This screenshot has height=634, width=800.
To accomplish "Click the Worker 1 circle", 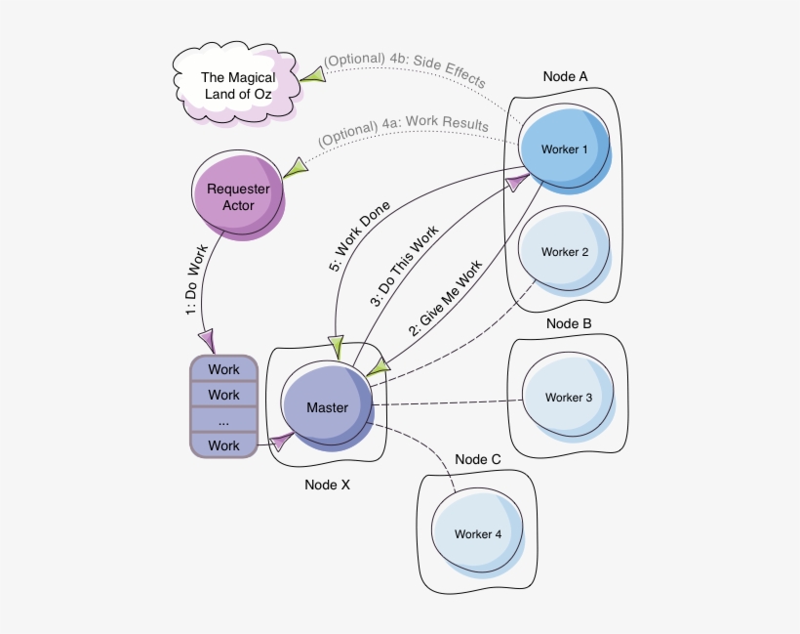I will click(x=565, y=150).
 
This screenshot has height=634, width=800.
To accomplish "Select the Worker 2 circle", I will click(x=565, y=252).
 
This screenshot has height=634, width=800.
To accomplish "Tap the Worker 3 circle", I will click(x=569, y=398).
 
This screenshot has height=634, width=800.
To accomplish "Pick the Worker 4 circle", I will click(x=478, y=534).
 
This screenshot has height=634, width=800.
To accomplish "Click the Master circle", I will click(x=327, y=407).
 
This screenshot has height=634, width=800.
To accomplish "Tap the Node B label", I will click(x=569, y=323).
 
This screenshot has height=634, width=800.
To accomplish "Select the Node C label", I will click(x=478, y=459).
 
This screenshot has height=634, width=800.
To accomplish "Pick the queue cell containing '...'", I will click(x=223, y=420).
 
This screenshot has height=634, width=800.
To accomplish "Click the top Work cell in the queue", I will click(x=223, y=370).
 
